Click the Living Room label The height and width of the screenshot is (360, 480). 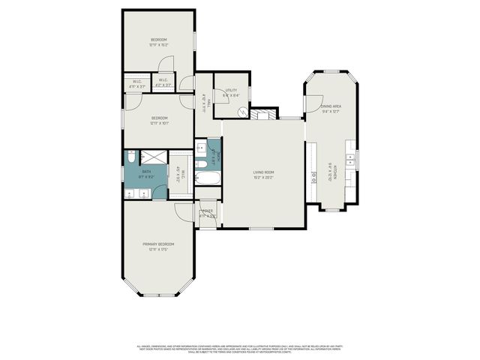(x=263, y=172)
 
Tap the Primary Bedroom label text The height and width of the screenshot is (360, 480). (x=158, y=244)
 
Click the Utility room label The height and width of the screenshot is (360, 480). (x=231, y=90)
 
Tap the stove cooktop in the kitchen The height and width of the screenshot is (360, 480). (x=313, y=178)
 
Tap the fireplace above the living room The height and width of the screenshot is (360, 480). (x=260, y=115)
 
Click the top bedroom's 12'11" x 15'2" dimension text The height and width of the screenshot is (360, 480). (x=158, y=45)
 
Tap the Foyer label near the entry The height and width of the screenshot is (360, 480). (x=208, y=211)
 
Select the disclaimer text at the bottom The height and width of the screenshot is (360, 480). (x=239, y=349)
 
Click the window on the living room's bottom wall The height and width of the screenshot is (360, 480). (x=260, y=229)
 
